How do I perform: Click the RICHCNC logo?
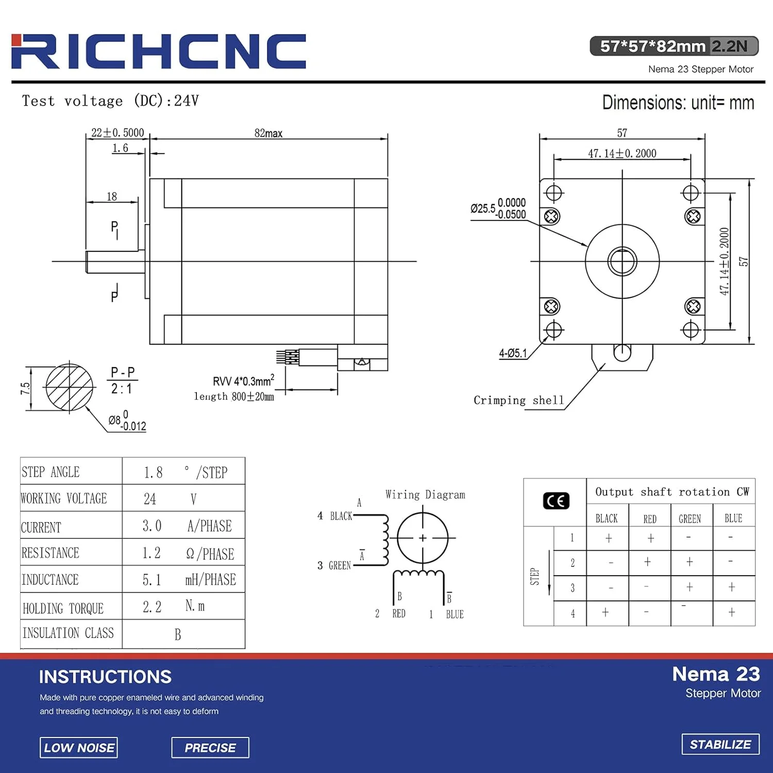point(159,52)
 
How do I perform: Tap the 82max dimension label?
point(268,133)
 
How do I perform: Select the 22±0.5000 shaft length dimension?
point(117,132)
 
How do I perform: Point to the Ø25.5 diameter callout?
point(498,209)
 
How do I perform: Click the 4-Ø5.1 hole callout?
point(513,353)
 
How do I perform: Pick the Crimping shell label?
point(518,400)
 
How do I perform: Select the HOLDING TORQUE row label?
point(63,608)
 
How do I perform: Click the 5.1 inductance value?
point(152,580)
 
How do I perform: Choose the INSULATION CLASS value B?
point(178,634)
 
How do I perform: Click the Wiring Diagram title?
point(425,495)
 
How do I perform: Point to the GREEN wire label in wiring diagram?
point(340,566)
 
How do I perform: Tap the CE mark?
point(556,501)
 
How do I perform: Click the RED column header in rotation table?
point(650,519)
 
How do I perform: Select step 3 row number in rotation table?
point(572,588)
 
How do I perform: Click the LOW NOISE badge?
point(79,748)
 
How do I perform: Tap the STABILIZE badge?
point(720,744)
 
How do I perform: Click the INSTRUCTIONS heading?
point(105,677)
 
